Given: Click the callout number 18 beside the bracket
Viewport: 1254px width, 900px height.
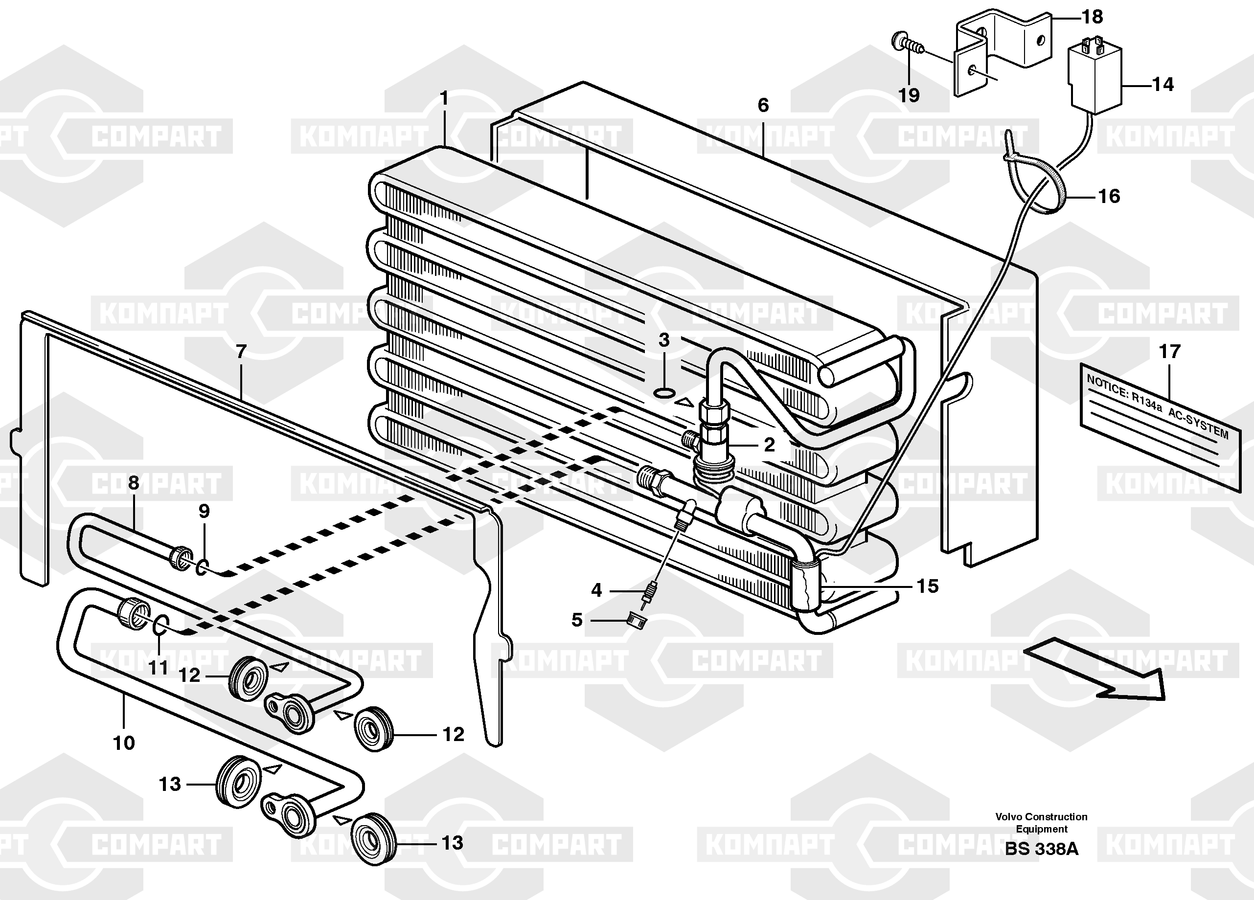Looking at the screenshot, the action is (x=1092, y=17).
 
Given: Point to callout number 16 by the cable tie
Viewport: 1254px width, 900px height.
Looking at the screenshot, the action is (x=1109, y=196).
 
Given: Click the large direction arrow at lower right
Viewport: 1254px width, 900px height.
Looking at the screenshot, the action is (x=1095, y=669).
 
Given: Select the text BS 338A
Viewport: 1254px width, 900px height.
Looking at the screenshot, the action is (x=1042, y=849).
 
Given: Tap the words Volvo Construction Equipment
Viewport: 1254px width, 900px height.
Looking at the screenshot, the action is (x=1042, y=823).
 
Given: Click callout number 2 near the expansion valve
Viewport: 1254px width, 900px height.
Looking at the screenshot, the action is (x=769, y=445).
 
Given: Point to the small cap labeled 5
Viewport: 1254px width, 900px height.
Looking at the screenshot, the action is (x=637, y=620).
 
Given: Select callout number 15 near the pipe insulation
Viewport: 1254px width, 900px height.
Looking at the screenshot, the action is (x=927, y=585).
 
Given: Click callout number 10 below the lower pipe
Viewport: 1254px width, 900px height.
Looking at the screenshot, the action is (x=124, y=742).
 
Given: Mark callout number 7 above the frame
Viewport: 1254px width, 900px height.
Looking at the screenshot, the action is (x=241, y=351).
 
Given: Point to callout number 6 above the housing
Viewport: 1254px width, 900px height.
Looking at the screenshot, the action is (x=763, y=105).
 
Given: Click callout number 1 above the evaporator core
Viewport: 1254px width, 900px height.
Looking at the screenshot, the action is (x=443, y=99).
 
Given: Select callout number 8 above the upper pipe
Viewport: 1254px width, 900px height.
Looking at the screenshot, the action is (x=133, y=483).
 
